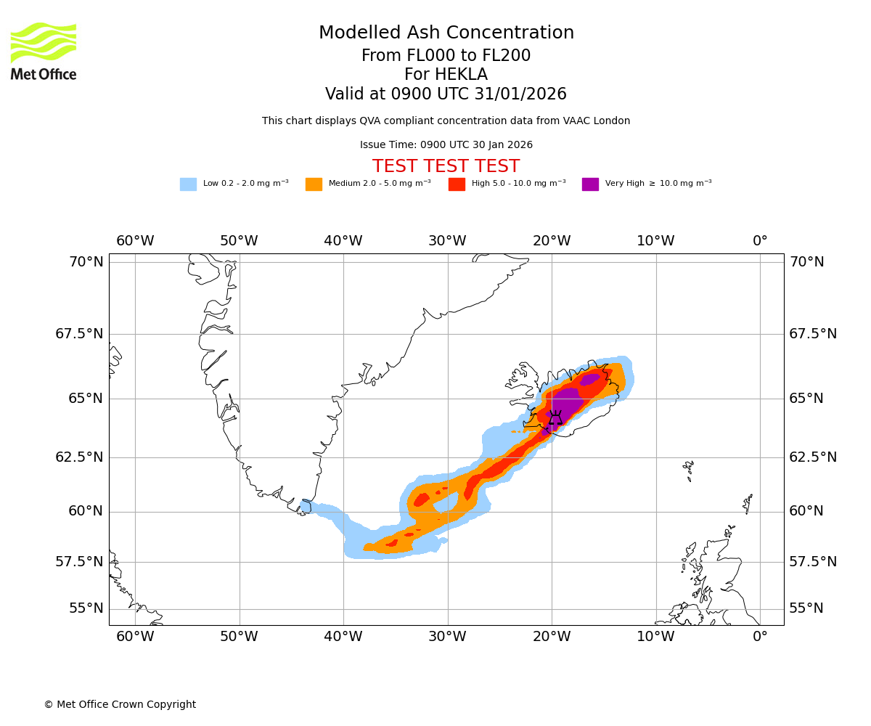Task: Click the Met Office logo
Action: pos(44,52)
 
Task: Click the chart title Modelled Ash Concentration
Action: pos(446,33)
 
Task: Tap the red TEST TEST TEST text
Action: pos(446,167)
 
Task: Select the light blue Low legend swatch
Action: pos(188,184)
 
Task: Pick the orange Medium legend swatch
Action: pos(314,184)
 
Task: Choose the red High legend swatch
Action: pos(457,184)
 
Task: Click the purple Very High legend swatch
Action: pos(590,184)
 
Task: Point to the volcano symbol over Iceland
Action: pos(555,418)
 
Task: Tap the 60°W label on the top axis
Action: pos(135,241)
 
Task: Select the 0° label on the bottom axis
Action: pos(760,637)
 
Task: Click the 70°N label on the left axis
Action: pos(86,262)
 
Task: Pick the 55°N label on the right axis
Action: pos(806,608)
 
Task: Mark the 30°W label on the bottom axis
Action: pos(447,637)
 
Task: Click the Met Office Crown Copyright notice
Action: pos(120,705)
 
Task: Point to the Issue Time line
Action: pos(446,145)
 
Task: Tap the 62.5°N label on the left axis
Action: pos(79,457)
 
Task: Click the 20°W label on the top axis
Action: pos(552,241)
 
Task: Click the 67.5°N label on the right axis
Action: pos(813,334)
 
